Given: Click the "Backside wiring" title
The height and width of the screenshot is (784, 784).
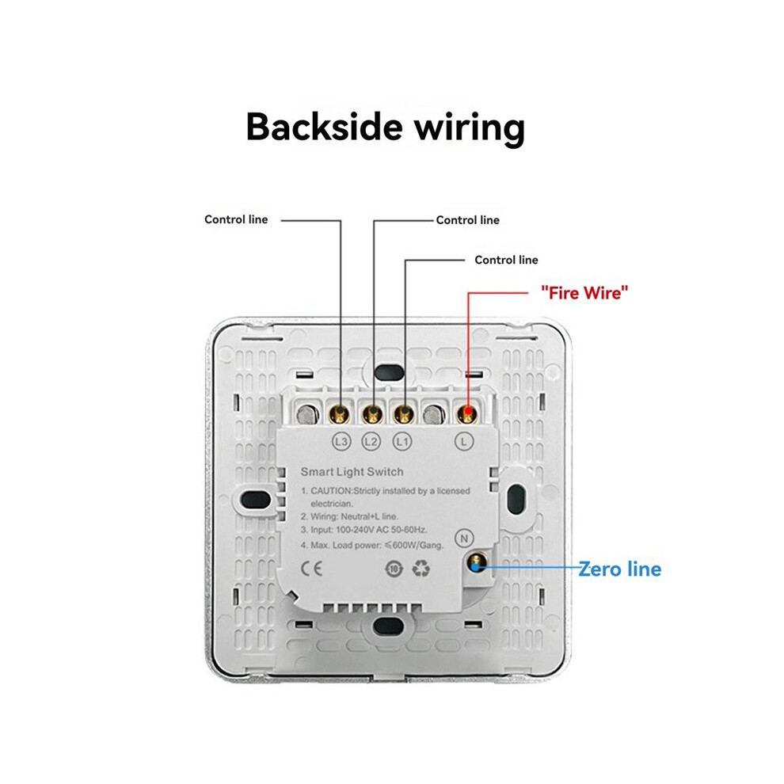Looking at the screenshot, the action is (386, 127).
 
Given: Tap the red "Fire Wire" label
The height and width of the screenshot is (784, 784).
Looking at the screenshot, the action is (584, 292).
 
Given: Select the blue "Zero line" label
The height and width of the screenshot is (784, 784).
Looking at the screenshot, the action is (620, 569).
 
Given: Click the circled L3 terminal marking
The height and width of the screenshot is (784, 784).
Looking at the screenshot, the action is (341, 442).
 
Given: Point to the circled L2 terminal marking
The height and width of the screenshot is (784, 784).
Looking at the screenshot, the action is (371, 442).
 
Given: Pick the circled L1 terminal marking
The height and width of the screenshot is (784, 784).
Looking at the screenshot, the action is (402, 442).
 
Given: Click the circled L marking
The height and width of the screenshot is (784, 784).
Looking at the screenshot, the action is (464, 442).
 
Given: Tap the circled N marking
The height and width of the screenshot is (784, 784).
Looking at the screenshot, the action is (464, 538).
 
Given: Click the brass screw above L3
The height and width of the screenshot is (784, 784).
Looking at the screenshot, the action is (340, 413).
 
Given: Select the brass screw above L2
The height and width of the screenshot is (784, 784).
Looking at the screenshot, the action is (372, 413).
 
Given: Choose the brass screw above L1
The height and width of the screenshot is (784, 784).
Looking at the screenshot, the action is (404, 413).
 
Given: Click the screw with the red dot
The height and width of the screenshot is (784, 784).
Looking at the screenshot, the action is (467, 413).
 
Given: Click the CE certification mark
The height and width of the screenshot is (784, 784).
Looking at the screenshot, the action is (311, 569).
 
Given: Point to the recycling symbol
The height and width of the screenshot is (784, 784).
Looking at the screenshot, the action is (421, 569).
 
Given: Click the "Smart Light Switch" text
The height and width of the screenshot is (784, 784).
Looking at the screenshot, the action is (352, 471).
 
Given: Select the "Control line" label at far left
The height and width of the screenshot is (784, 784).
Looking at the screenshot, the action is (236, 219).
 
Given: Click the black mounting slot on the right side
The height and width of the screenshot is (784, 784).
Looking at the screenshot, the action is (516, 499).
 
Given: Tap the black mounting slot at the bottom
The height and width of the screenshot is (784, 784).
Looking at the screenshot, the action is (389, 626).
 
